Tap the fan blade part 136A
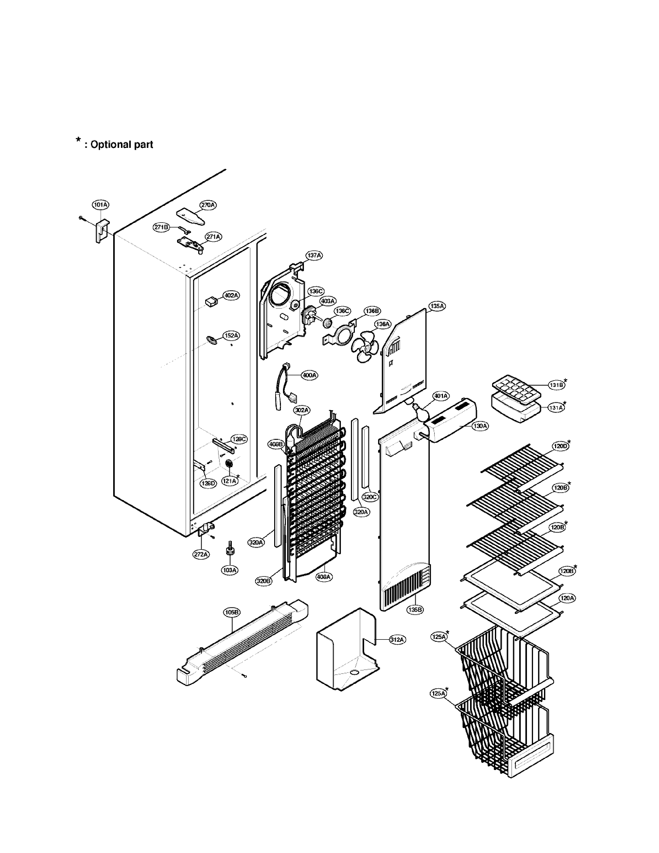click(364, 345)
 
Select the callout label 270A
click(208, 205)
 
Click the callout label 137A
click(314, 255)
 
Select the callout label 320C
click(370, 497)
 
